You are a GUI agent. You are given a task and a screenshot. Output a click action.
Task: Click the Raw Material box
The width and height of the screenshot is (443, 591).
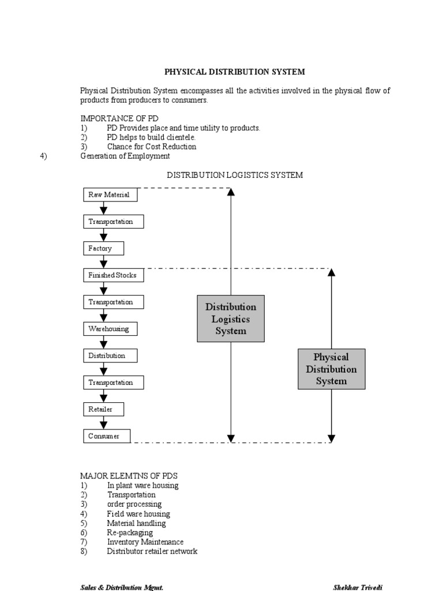108,195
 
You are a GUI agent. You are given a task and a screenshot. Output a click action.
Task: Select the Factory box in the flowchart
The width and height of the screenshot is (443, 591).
104,249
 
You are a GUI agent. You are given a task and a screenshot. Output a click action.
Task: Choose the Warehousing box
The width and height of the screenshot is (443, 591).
110,329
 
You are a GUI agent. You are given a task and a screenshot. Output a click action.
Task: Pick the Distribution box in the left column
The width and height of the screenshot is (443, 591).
110,356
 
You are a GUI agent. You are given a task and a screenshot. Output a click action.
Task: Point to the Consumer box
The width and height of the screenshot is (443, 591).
107,436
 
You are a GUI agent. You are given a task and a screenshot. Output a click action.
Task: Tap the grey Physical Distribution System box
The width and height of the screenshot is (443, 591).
331,369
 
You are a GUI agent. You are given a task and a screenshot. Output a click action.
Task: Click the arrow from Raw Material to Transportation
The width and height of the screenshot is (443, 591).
104,208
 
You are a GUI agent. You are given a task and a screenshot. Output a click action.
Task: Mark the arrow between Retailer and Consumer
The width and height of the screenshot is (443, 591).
104,423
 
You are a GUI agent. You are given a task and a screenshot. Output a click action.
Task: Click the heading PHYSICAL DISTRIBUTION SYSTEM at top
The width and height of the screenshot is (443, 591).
235,72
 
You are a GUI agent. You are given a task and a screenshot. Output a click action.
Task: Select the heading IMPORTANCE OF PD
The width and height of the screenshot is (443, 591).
119,118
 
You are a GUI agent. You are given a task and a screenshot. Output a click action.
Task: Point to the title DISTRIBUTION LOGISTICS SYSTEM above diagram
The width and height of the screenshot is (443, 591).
235,175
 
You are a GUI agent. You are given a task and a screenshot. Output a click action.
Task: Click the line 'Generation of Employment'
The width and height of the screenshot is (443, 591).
125,156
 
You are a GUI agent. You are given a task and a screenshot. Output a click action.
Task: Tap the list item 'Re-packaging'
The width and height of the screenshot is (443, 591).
130,533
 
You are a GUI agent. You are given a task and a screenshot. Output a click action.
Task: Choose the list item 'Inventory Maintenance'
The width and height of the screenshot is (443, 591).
145,542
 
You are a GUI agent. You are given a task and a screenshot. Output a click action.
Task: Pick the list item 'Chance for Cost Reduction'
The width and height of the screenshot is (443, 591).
151,147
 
